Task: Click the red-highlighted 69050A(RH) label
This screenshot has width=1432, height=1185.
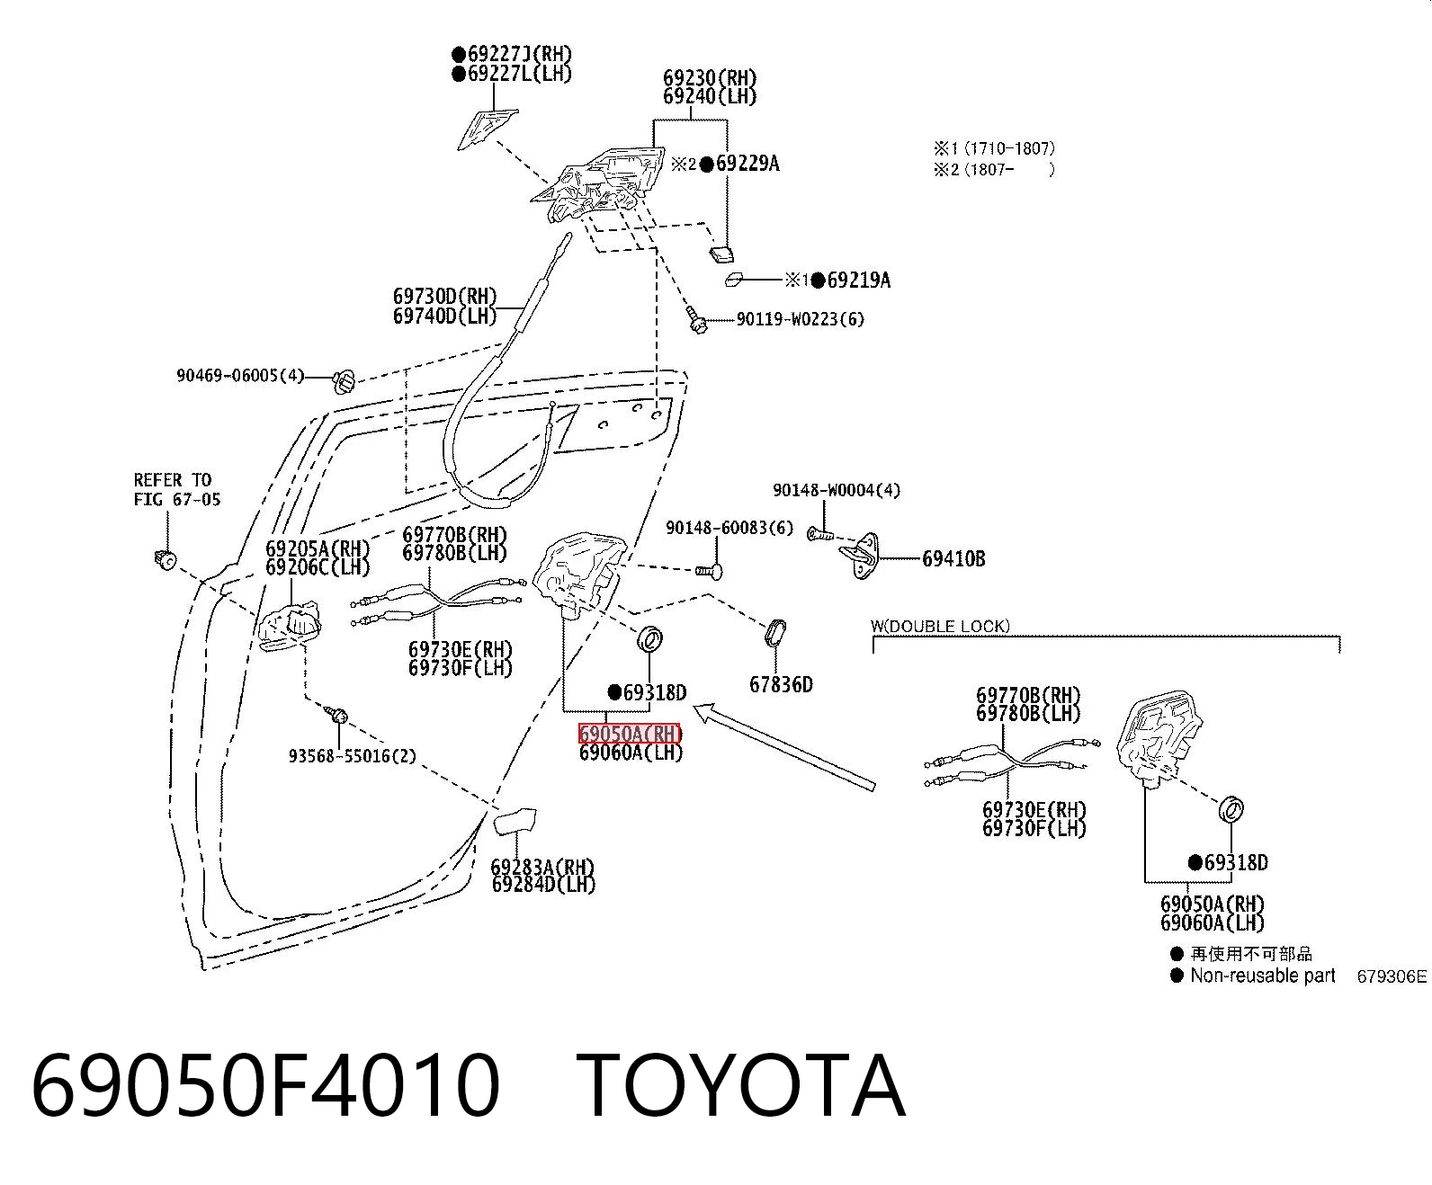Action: (x=630, y=734)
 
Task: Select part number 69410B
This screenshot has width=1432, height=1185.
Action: (x=953, y=559)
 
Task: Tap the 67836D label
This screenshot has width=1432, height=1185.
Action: (x=781, y=684)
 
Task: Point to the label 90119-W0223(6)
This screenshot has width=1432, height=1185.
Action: (x=801, y=319)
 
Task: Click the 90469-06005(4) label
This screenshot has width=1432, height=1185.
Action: (x=240, y=375)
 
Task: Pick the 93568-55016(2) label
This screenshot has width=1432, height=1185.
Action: (x=352, y=756)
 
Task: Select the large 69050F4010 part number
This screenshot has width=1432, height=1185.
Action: (x=266, y=1088)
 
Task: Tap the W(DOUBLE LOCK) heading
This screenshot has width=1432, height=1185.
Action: (x=940, y=626)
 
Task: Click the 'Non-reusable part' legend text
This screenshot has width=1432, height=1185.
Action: (x=1263, y=976)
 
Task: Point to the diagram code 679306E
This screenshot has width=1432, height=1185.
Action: (x=1392, y=976)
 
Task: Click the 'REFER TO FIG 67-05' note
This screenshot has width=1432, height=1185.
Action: (x=177, y=489)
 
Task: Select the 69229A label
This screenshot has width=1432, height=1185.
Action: (x=747, y=164)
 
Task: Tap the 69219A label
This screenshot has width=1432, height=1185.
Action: (x=859, y=280)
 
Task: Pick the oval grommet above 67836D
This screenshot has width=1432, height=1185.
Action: (x=774, y=633)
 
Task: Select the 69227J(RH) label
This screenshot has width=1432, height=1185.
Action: (x=519, y=53)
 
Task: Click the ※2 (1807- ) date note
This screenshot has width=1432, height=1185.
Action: (x=994, y=169)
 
